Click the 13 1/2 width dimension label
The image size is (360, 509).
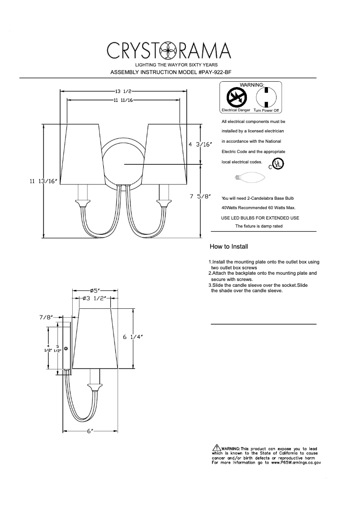123,91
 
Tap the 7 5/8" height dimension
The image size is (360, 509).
200,196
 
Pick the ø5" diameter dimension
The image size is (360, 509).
95,290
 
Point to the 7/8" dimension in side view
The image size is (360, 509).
46,317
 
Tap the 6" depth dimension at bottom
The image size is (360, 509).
90,432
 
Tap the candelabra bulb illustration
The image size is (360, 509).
250,177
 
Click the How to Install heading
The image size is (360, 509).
229,247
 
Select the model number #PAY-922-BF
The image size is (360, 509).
215,72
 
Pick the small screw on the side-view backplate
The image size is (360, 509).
66,348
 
